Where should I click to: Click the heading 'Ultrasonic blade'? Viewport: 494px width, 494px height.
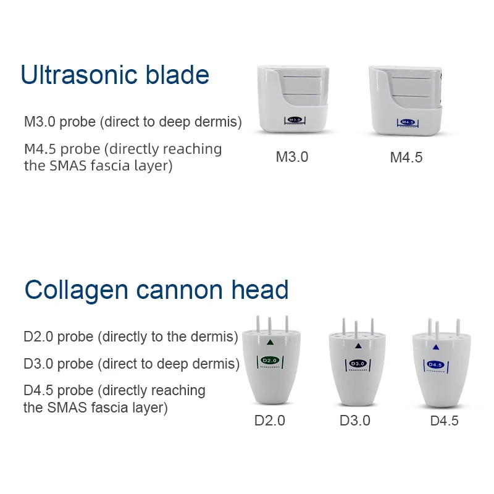tap(115, 75)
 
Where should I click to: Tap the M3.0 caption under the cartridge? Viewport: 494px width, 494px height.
tap(292, 157)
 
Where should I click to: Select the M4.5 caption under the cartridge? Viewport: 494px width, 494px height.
tap(406, 157)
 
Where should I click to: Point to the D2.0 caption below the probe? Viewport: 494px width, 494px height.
tap(270, 421)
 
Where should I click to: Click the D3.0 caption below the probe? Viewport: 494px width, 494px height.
tap(355, 421)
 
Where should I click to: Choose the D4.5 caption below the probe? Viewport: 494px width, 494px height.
tap(444, 421)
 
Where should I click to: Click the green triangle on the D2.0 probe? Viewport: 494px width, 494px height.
tap(270, 342)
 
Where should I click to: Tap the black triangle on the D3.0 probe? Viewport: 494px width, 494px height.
tap(358, 346)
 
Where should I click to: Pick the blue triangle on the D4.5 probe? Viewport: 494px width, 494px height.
tap(436, 347)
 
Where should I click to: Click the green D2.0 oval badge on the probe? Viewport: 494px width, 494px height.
tap(270, 361)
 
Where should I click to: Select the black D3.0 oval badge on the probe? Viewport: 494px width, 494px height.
tap(358, 364)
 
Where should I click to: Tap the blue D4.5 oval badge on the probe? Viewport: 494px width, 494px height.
tap(436, 365)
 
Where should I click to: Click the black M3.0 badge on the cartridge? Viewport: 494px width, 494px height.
tap(295, 119)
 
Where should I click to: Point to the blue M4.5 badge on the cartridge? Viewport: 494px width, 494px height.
tap(408, 122)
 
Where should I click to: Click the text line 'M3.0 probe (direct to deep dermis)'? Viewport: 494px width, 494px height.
tap(133, 122)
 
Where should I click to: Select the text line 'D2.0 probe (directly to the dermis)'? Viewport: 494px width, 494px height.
tap(131, 337)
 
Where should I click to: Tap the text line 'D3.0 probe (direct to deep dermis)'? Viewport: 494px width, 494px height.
tap(132, 364)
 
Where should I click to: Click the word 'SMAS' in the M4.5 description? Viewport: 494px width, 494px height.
tap(68, 165)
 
